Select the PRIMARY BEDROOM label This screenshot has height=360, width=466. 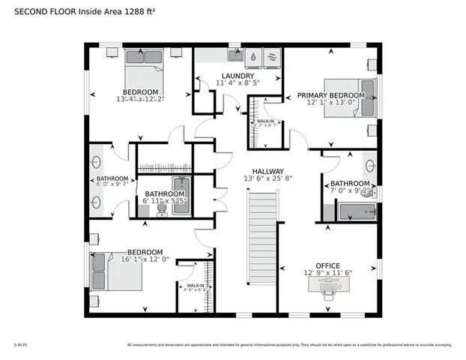330,95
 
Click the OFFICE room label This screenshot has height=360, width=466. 327,266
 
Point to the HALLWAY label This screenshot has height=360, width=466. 267,170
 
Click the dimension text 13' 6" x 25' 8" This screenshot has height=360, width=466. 267,178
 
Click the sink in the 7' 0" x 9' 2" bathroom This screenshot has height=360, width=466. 370,165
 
